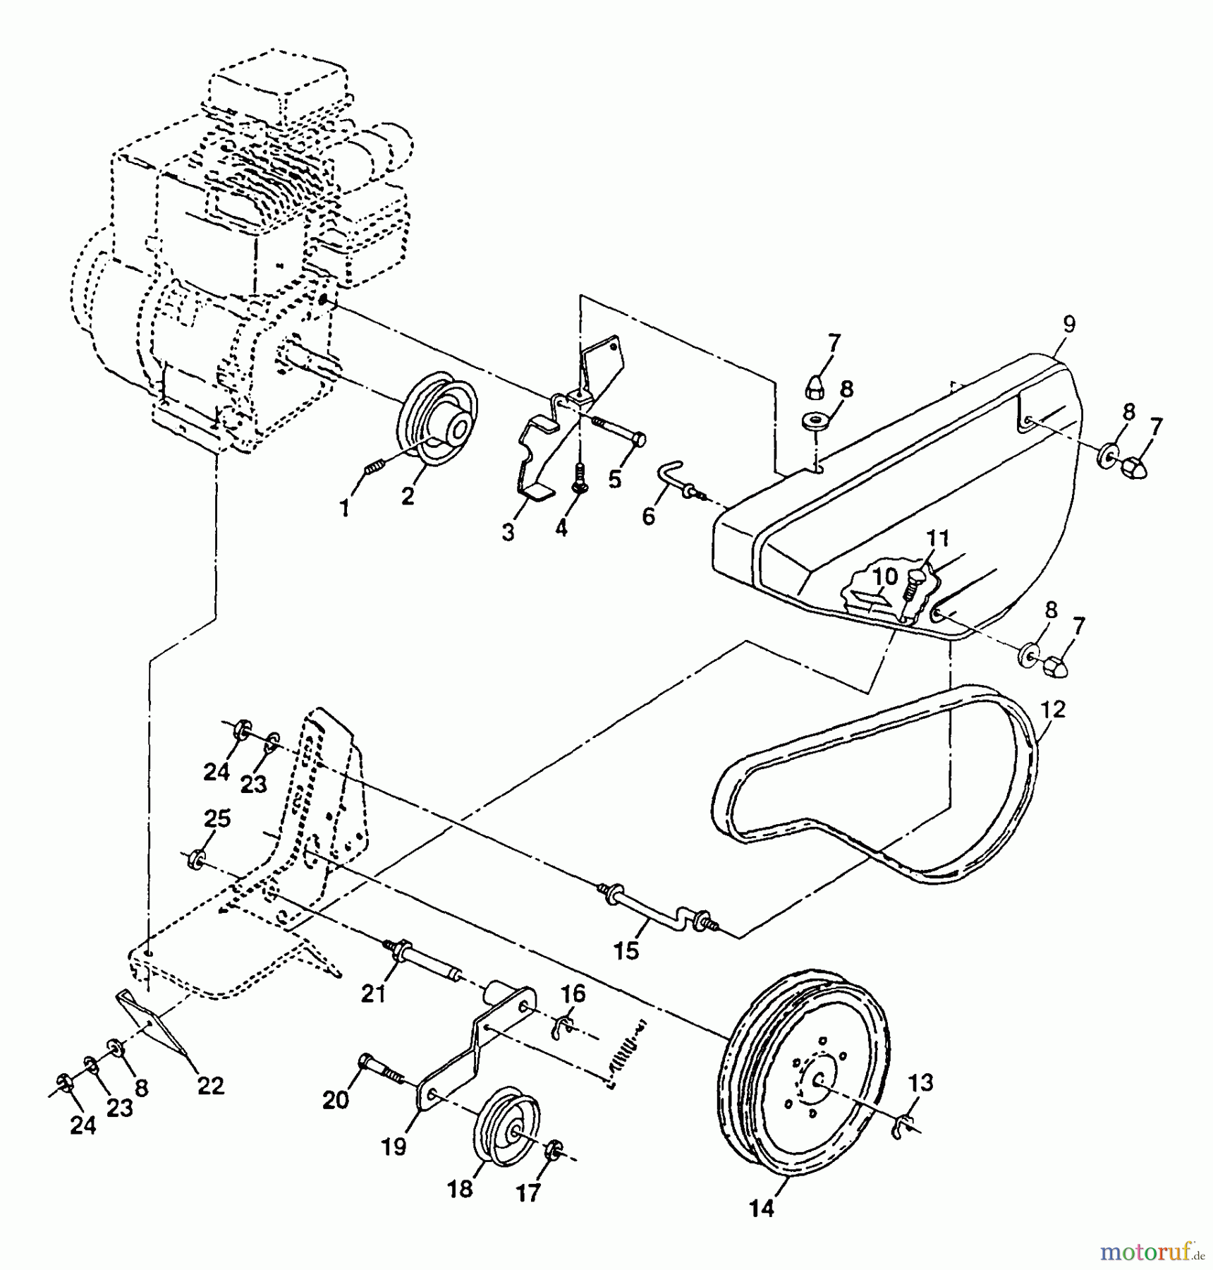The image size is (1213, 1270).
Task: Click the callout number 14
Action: click(762, 1209)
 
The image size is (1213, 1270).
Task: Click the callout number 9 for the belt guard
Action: click(1069, 325)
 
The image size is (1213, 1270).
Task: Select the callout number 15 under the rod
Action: click(626, 951)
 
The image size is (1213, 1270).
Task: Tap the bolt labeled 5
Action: click(621, 432)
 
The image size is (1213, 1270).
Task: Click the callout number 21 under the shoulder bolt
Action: click(374, 994)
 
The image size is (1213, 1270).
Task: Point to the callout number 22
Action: click(210, 1086)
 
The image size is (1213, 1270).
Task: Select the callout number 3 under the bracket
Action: click(508, 533)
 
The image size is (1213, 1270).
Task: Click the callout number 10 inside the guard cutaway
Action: click(886, 576)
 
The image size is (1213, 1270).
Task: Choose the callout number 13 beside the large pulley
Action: click(921, 1082)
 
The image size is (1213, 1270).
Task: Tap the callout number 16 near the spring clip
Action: click(573, 994)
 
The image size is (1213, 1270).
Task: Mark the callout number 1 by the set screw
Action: click(344, 507)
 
